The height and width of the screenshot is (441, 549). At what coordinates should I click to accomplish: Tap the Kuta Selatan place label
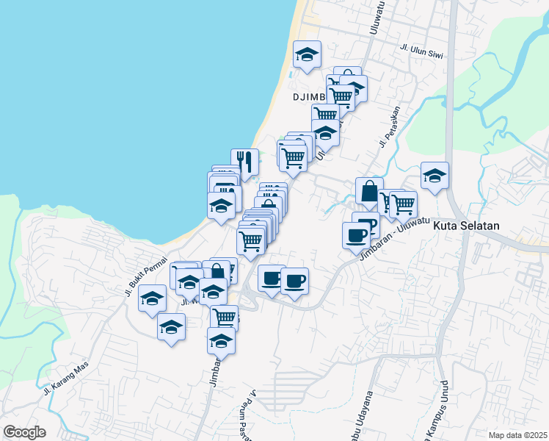[x=466, y=226]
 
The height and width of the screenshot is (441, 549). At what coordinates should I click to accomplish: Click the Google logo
[x=24, y=432]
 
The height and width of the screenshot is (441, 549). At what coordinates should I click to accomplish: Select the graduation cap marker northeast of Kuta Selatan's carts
[x=435, y=176]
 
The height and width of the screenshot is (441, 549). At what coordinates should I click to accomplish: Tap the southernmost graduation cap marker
[x=221, y=340]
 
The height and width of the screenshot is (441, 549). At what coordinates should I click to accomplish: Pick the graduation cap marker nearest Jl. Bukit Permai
[x=152, y=298]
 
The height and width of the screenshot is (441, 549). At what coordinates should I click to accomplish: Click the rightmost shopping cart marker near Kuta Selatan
[x=403, y=204]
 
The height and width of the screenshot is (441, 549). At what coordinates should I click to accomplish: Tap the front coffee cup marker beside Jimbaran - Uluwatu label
[x=357, y=235]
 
